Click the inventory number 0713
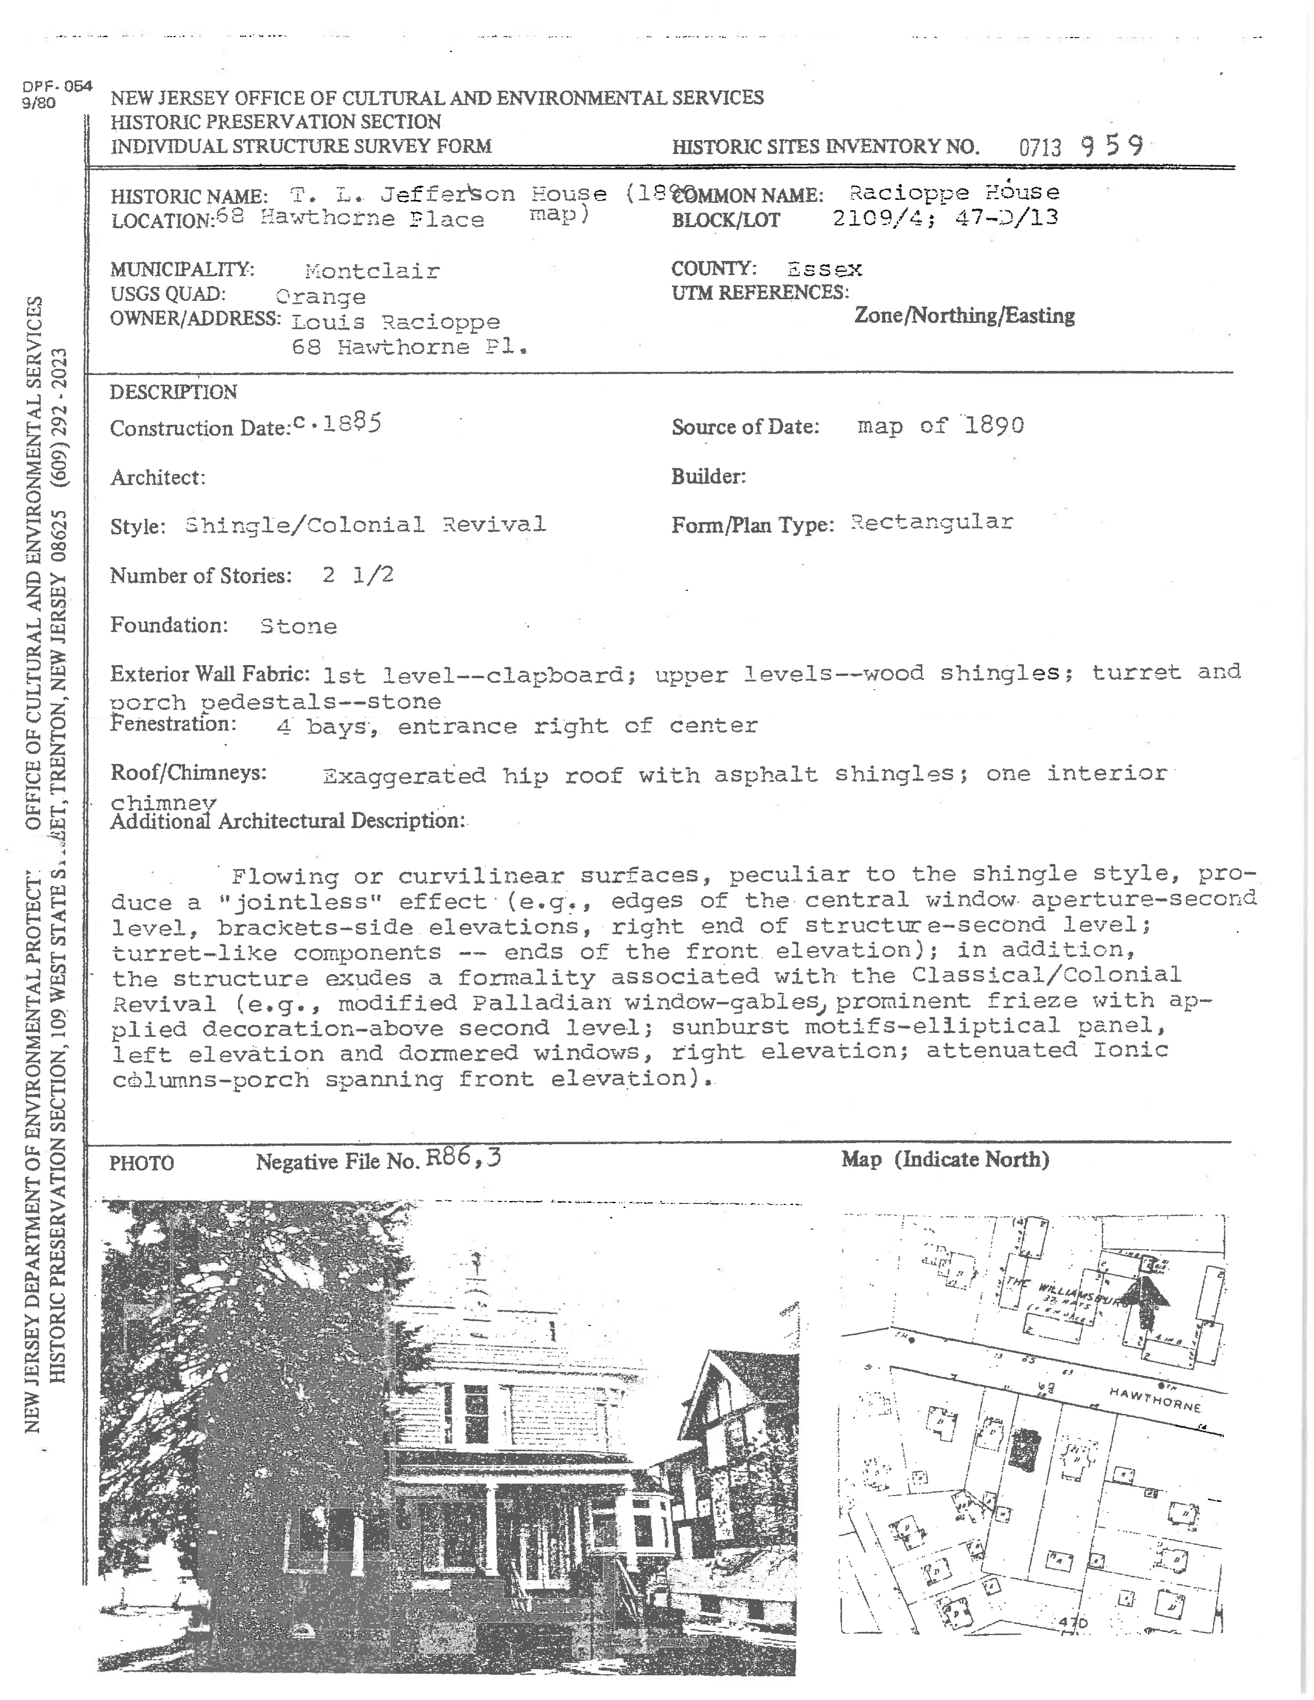[x=1040, y=147]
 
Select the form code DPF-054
[x=58, y=87]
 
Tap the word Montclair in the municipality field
[x=372, y=271]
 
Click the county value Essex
[x=823, y=269]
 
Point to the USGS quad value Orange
[x=320, y=297]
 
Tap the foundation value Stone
[x=298, y=626]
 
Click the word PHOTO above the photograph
[x=142, y=1164]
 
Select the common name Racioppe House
[x=954, y=192]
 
